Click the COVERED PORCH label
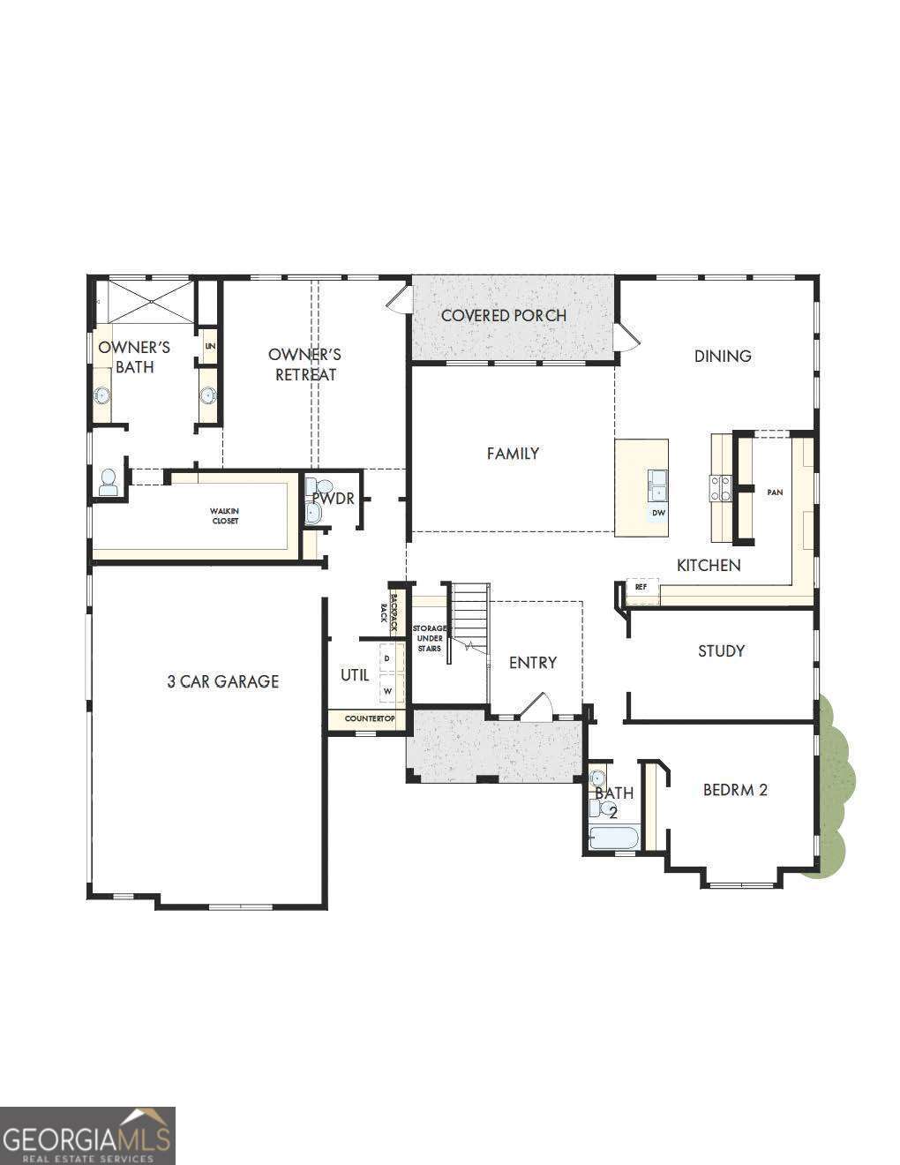503,315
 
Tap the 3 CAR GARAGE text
223,681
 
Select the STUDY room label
721,651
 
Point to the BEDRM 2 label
735,790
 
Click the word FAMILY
513,454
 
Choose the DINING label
723,357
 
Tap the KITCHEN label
709,565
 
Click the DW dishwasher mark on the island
658,513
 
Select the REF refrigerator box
641,587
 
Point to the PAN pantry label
775,492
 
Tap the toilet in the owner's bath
109,482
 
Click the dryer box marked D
386,658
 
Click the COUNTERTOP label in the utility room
370,719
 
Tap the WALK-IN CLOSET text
224,515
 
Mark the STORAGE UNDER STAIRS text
431,638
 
